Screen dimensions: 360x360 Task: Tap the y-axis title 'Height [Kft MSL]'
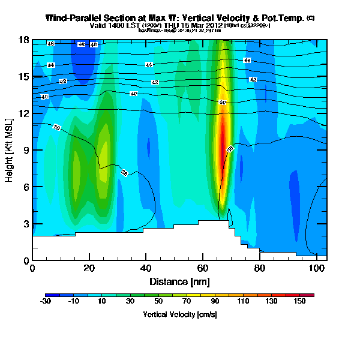point(10,150)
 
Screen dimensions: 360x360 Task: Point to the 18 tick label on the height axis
point(24,40)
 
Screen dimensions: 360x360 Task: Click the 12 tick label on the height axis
point(24,113)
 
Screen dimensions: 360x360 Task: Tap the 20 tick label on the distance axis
point(89,268)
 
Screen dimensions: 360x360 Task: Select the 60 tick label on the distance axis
point(202,268)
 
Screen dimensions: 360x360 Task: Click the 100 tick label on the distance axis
point(316,268)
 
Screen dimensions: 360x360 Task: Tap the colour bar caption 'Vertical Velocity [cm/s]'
point(179,314)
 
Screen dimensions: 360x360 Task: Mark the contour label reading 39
point(230,149)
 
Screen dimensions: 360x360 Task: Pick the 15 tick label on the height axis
point(24,76)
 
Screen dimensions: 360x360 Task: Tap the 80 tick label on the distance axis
point(259,268)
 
